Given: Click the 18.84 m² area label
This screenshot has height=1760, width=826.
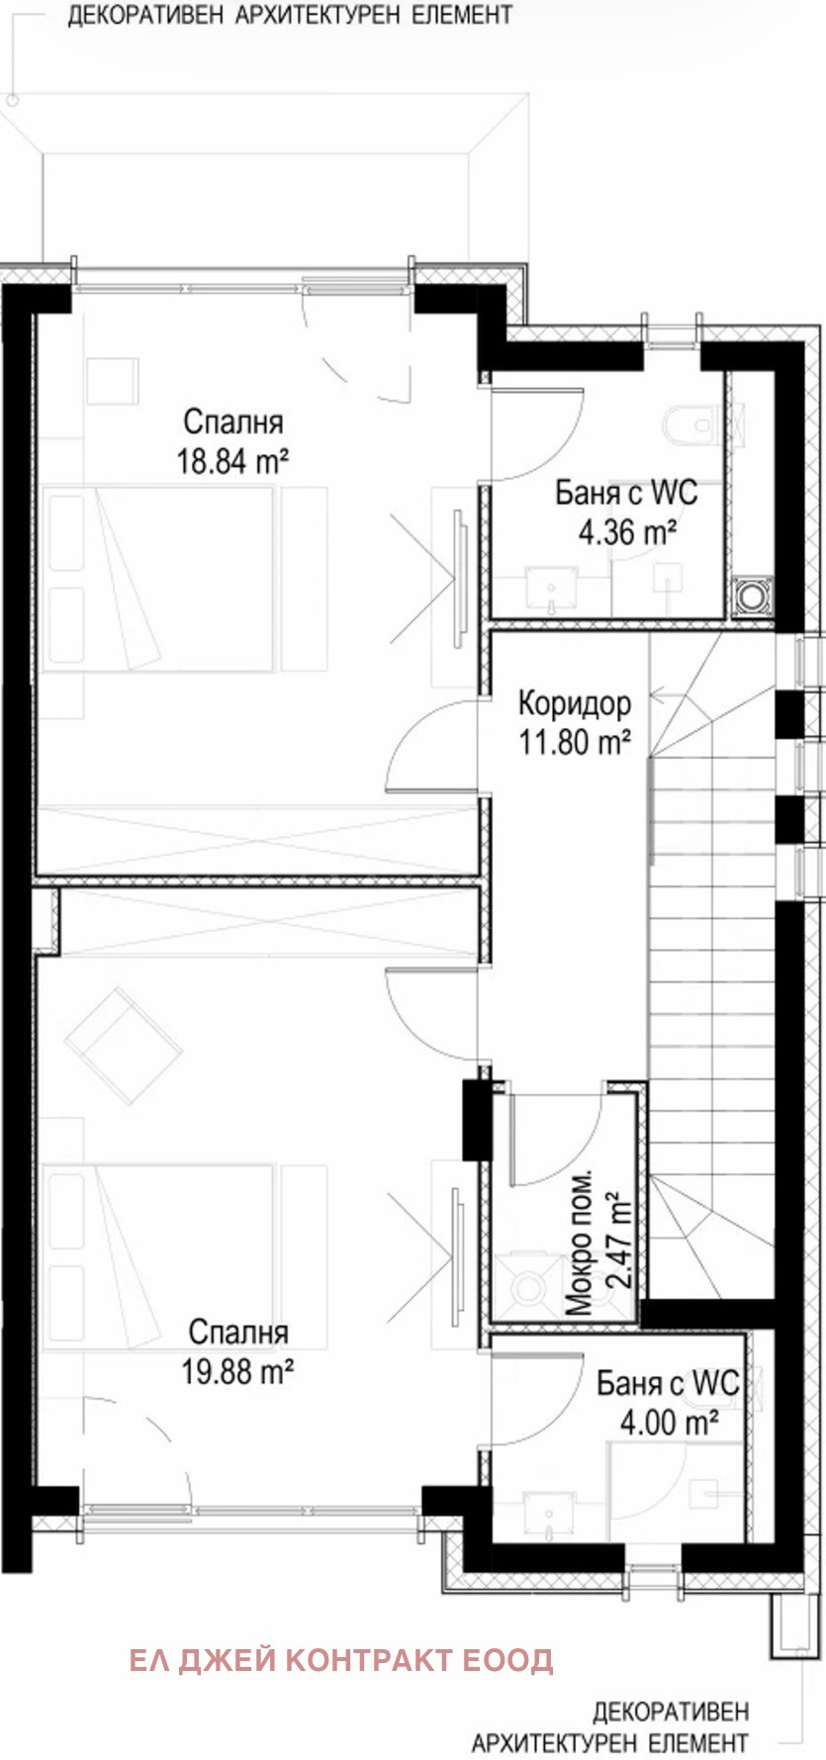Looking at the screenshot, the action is point(232,461).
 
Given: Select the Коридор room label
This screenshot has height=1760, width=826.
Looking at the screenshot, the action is point(574,703).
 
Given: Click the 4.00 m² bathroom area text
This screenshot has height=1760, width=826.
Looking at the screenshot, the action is point(669,1423).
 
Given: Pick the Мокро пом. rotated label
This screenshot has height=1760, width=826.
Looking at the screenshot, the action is point(581,1244).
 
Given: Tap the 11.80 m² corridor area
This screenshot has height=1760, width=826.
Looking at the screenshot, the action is point(575,742).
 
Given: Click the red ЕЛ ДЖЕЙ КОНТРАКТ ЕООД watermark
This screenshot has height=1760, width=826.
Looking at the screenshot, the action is point(341,1659).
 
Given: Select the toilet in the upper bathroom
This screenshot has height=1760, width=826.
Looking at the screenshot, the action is point(692,425).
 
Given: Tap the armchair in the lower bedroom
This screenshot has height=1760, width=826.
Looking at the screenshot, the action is point(123,1043).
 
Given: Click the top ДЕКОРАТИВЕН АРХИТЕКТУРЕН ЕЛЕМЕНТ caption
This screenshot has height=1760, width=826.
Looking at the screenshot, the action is point(290,15).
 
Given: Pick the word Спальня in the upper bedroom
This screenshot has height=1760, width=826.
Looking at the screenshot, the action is point(233,421).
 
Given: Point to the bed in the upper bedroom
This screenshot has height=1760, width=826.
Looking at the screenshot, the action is point(158,579).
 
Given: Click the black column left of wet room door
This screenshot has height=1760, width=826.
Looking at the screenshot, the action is point(476,1121).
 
